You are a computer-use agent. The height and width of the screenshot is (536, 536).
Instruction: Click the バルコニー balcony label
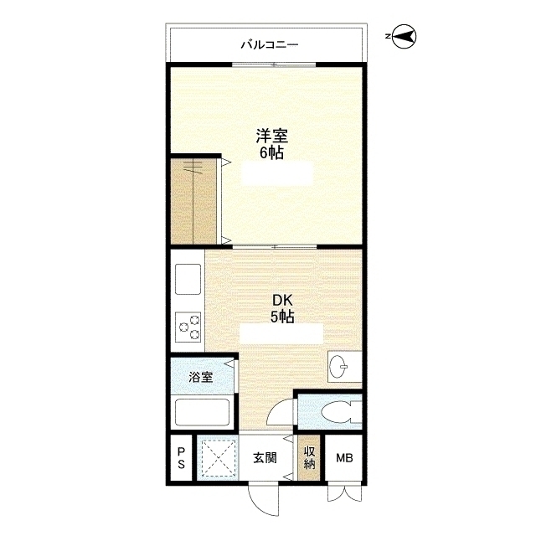point(270,44)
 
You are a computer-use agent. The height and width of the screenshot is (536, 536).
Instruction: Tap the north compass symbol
point(404,36)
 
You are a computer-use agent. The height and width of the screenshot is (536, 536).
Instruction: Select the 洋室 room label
point(272,136)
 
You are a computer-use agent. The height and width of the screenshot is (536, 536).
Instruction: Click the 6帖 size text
point(271,152)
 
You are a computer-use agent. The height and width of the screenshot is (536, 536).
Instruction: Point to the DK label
point(282,301)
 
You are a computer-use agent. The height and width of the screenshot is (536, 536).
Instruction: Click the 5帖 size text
point(282,317)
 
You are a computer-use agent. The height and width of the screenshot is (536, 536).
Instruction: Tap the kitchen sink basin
point(188,279)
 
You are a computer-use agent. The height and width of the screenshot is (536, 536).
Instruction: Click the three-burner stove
point(188,327)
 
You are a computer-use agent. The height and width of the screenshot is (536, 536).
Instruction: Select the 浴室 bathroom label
point(201,377)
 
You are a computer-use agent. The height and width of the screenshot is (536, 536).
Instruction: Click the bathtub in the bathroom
point(202,412)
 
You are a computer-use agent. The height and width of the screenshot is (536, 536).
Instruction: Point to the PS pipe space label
point(181,458)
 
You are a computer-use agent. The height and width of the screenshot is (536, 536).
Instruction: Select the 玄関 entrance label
point(265,458)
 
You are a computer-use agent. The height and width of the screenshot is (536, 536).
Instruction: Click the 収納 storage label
point(309,458)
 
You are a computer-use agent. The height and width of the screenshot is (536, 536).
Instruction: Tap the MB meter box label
point(344,458)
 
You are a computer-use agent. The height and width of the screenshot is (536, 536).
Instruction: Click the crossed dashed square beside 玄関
point(218,458)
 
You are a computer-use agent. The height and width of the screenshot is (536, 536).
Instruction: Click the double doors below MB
point(344,493)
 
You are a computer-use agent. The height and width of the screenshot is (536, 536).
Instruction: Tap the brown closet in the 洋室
point(193,201)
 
